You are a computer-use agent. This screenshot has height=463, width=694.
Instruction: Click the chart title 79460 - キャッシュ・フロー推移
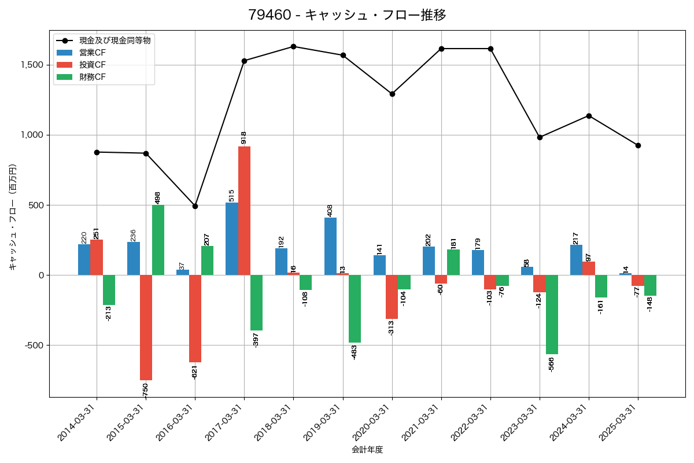click(x=347, y=15)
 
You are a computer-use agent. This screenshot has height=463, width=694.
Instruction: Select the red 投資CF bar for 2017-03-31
click(x=244, y=211)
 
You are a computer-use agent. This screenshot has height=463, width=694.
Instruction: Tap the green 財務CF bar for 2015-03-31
click(x=158, y=240)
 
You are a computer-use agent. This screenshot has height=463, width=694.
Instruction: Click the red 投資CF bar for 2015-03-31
click(x=146, y=328)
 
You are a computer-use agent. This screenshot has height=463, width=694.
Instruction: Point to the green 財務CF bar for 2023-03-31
click(x=552, y=314)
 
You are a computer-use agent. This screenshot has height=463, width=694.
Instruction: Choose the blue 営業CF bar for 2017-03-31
click(x=232, y=239)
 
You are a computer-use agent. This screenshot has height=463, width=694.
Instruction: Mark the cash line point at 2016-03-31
click(x=195, y=206)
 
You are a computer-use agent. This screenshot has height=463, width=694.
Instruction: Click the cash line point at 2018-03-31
click(x=293, y=46)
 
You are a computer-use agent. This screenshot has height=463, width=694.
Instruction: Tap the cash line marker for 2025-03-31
click(x=638, y=145)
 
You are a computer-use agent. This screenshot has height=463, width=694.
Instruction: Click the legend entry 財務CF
click(x=93, y=76)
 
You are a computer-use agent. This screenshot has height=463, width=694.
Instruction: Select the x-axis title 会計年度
click(x=367, y=450)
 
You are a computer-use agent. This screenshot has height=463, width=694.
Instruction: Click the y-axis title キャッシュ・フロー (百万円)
click(x=13, y=218)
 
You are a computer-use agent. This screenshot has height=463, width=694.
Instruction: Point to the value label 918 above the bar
click(x=244, y=137)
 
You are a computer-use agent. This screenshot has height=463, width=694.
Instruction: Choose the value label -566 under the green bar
click(x=552, y=364)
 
